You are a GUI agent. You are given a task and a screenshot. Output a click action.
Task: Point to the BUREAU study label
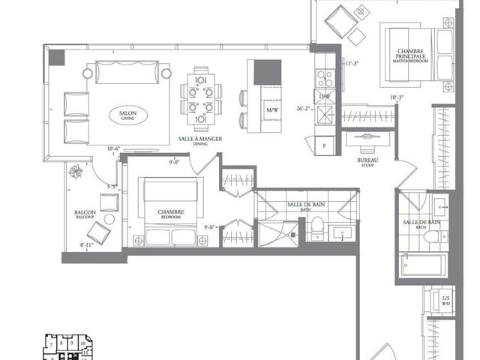point(367,162)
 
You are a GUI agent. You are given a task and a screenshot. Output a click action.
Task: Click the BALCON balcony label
point(84,214)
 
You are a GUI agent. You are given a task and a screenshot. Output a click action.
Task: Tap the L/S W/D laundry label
point(446,301)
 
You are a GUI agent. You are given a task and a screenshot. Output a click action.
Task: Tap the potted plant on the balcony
point(76,172)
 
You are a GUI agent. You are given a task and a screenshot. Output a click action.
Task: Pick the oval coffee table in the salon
point(128,115)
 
